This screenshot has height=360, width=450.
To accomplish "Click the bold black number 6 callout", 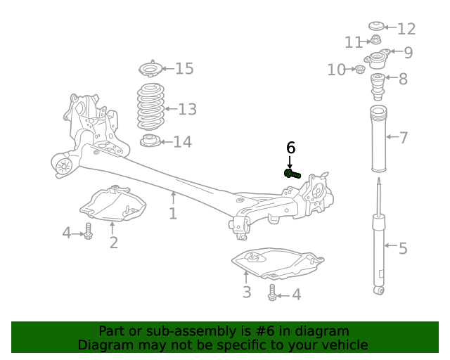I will (290, 148).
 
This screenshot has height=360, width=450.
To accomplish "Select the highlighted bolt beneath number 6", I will (292, 173).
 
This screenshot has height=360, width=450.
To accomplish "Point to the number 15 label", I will (184, 69).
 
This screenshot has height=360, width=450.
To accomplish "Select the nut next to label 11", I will (376, 41).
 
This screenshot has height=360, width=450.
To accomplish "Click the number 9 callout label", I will (408, 53).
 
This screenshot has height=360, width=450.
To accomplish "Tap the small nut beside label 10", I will (360, 69).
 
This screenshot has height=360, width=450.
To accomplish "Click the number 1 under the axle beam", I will (173, 213).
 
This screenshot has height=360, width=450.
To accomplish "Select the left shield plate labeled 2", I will (112, 205).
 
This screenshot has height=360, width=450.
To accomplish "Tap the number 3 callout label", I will (247, 292).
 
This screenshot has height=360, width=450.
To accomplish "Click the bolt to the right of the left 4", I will (89, 231).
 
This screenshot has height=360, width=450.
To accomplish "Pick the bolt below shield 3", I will (272, 293).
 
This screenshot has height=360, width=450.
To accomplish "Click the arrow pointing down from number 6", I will (290, 162).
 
